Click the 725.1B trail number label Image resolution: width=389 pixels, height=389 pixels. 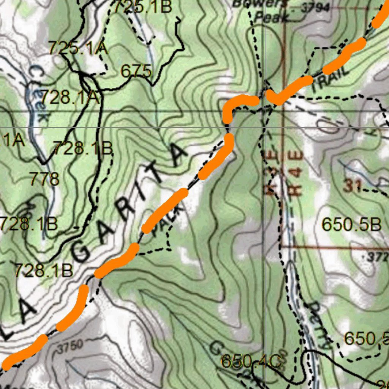143,7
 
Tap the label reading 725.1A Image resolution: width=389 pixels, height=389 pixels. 78,48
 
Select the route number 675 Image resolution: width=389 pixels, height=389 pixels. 136,71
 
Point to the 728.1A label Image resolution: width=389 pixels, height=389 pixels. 70,97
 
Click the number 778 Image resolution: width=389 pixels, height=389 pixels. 44,179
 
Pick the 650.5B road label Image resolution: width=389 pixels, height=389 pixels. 351,225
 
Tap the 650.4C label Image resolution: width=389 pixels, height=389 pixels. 251,361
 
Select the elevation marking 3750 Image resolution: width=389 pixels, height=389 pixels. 71,346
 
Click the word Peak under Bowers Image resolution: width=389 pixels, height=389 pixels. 271,17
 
